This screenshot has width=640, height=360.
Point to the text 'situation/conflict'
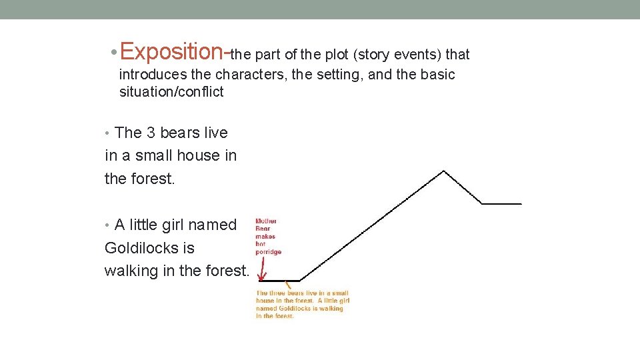tap(171, 92)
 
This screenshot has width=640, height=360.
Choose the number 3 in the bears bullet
tap(151, 133)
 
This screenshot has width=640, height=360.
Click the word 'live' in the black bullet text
tap(213, 133)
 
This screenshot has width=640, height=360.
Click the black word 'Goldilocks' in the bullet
tap(150, 248)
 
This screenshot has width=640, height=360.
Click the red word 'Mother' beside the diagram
tap(266, 221)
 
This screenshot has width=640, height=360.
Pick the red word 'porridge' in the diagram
tap(268, 252)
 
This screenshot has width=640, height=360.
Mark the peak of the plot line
tap(444, 171)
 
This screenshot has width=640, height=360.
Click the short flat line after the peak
tap(501, 203)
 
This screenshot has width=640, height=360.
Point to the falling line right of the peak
tap(463, 188)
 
